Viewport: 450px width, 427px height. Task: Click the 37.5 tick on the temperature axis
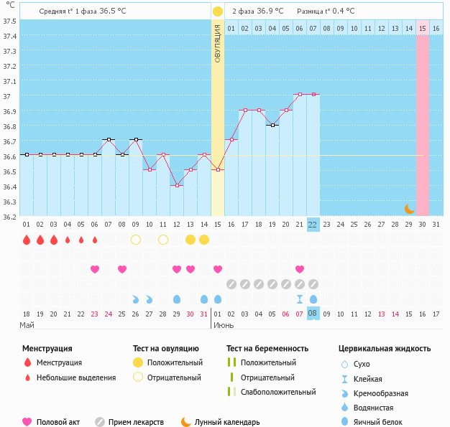[10, 21]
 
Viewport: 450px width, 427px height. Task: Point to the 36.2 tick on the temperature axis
[10, 216]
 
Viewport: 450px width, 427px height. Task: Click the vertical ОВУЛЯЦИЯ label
[218, 42]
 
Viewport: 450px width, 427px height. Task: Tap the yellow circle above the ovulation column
[218, 11]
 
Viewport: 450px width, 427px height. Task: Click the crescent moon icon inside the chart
[409, 209]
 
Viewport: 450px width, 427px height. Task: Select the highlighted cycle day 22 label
[313, 224]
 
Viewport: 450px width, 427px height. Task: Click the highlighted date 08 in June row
[313, 313]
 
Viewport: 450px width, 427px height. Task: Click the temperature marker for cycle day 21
[300, 94]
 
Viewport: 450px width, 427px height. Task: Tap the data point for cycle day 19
[272, 125]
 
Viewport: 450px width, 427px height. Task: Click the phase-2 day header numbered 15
[423, 28]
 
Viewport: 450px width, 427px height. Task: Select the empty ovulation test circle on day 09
[136, 239]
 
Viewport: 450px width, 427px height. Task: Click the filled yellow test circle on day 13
[190, 239]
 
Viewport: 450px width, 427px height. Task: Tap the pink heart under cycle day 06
[95, 269]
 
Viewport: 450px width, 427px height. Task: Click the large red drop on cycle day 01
[27, 239]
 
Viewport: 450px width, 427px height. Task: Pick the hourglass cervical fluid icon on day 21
[300, 299]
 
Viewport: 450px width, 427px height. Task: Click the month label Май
[27, 325]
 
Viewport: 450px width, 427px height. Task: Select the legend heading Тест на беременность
[267, 348]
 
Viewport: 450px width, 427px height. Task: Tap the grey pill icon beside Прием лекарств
[100, 422]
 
